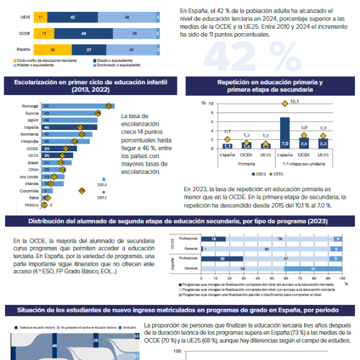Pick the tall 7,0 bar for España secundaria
(x=284, y=132)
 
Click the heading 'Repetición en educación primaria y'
(x=269, y=83)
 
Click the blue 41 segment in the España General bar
(x=312, y=268)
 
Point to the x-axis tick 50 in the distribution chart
(x=270, y=276)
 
